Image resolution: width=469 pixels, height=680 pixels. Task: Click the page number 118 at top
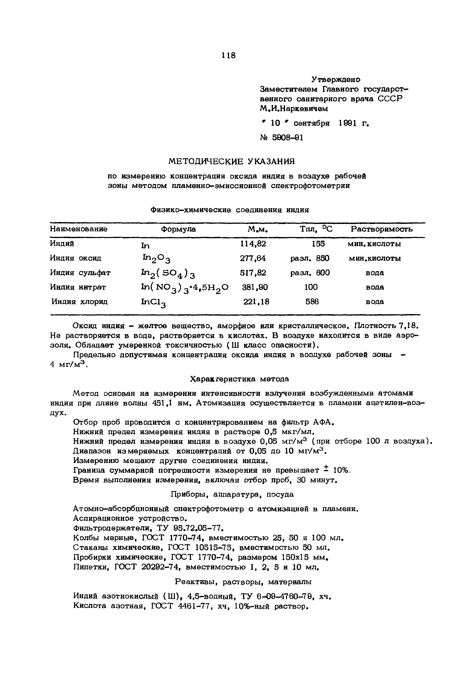click(229, 55)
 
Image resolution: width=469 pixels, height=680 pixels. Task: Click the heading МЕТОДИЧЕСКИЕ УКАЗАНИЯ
click(232, 161)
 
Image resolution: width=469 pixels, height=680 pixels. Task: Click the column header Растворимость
click(382, 229)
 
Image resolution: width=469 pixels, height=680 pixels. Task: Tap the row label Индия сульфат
click(80, 273)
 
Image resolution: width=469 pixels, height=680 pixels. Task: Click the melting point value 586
click(312, 302)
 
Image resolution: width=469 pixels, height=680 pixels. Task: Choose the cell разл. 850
click(310, 258)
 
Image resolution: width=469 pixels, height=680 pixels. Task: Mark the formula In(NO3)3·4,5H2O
click(184, 288)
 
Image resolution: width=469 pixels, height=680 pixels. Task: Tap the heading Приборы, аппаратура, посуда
click(232, 494)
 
